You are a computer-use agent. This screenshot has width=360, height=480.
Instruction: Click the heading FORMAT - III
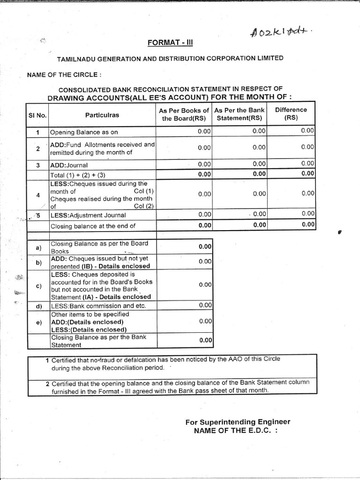click(x=171, y=43)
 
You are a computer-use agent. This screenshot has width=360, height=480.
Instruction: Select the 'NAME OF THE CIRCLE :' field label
click(x=64, y=75)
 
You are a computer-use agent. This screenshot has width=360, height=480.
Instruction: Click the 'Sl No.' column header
click(x=37, y=115)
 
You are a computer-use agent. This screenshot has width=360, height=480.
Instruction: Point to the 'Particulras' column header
click(x=102, y=115)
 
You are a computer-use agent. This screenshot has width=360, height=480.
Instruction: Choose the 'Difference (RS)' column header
click(x=291, y=114)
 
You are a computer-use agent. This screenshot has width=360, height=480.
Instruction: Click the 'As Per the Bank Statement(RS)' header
click(x=239, y=114)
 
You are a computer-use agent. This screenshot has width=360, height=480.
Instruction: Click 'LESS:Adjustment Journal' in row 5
click(x=88, y=215)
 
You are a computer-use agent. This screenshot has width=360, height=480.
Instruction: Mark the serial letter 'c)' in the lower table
click(x=38, y=285)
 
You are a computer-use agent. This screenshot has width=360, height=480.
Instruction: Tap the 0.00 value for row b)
click(x=205, y=262)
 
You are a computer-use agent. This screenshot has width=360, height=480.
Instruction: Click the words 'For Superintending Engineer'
click(x=238, y=422)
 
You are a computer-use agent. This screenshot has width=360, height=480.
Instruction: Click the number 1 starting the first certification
click(x=47, y=360)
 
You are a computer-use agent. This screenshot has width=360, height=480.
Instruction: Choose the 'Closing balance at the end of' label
click(x=93, y=226)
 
